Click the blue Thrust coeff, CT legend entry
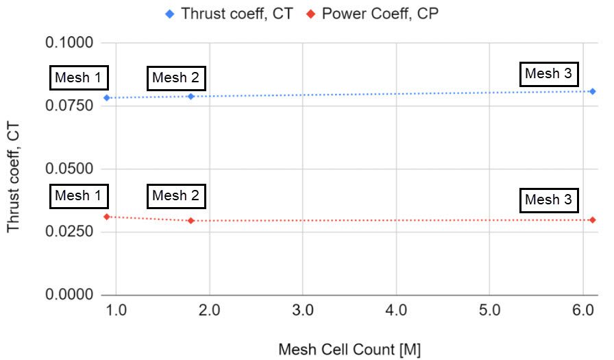pos(230,13)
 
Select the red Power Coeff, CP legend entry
pos(370,13)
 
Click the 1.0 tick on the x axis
pos(116,311)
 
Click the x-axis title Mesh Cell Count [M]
pos(349,350)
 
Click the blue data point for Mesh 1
pos(107,98)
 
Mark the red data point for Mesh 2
pos(191,221)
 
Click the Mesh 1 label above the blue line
pos(77,78)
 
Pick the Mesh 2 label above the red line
pos(175,196)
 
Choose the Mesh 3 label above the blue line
pos(548,74)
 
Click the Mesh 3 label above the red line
pos(548,201)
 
